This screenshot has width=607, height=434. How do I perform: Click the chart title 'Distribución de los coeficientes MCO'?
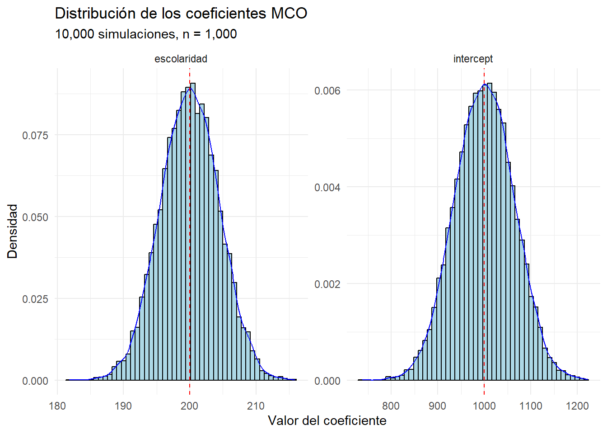point(181,14)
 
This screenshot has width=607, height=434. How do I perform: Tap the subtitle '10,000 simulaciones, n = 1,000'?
point(146,34)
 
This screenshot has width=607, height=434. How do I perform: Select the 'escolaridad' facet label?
point(181,59)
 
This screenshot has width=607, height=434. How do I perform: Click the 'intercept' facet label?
point(473,59)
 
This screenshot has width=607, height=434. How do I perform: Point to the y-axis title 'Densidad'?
point(12,231)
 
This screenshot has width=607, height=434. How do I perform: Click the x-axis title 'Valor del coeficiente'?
point(327,420)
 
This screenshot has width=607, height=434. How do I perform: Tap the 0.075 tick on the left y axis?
point(35,135)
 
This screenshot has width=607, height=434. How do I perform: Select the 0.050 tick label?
point(35,217)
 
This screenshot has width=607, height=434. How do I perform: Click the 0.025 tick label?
point(35,299)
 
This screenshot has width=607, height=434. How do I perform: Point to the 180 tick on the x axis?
point(57,406)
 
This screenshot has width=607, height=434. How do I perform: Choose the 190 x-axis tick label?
point(123,406)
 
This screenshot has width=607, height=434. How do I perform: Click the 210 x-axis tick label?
point(256,406)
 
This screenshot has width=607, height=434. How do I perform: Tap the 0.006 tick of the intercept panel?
point(327,91)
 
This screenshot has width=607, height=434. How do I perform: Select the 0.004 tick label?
point(327,187)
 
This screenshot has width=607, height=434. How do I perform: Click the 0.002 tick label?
point(327,284)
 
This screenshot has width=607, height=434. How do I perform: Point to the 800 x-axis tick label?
point(391,406)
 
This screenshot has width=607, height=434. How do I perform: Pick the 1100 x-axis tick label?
point(531,406)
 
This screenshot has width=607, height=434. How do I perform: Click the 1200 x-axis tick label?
point(577,406)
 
